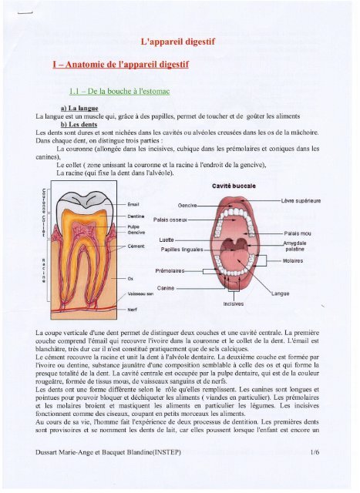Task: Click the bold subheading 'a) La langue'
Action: click(84, 109)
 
